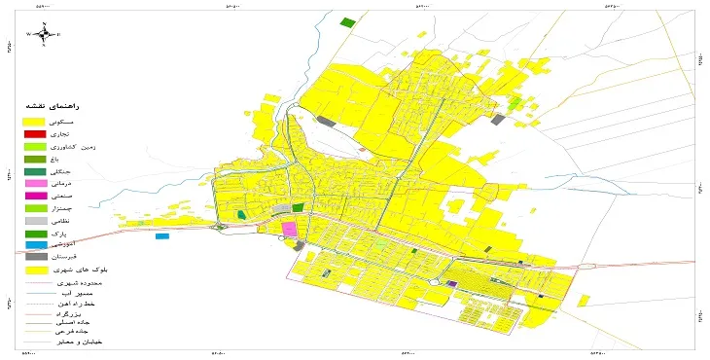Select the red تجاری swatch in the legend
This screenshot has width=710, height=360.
(x=34, y=133)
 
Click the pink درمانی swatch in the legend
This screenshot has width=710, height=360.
(x=34, y=183)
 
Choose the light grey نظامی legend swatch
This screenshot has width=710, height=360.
(x=34, y=221)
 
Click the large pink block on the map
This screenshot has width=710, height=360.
(x=289, y=229)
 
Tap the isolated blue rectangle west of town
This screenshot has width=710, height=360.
(x=161, y=236)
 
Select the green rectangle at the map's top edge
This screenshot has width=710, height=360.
(x=347, y=21)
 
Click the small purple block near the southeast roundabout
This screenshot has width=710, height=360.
(x=451, y=284)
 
